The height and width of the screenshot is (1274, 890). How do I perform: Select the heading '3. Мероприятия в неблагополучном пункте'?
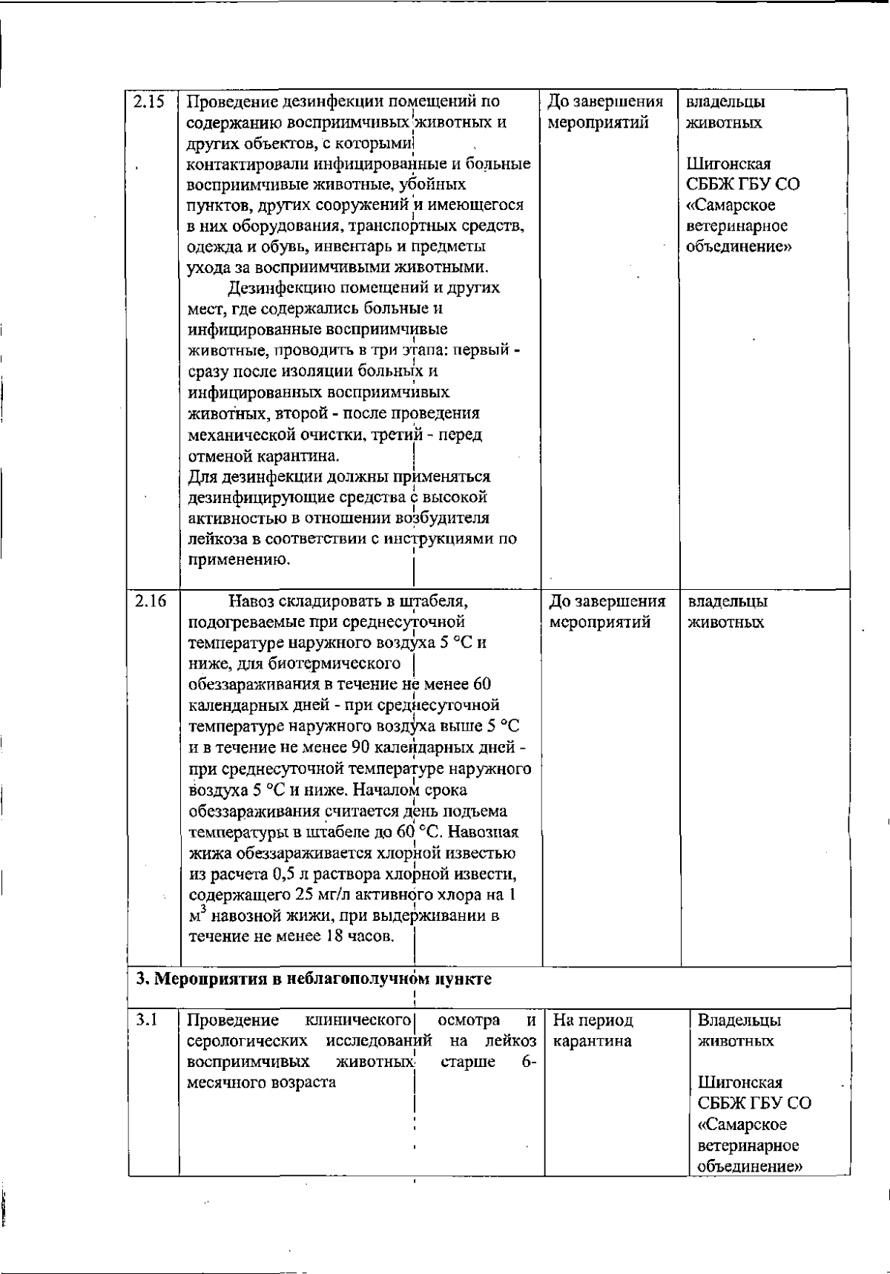(x=314, y=978)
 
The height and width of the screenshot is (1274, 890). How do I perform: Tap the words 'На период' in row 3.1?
(x=593, y=1020)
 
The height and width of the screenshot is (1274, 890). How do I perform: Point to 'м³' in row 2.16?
(x=196, y=915)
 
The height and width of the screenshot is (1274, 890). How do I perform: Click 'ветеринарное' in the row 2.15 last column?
(x=726, y=226)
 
